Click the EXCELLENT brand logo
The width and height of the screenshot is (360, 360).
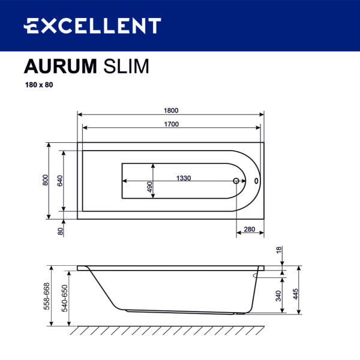(92, 26)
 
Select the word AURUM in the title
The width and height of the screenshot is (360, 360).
(60, 65)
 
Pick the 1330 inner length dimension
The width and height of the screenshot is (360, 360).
(184, 178)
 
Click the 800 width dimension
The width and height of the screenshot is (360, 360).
(46, 180)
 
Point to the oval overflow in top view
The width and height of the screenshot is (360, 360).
(257, 181)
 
